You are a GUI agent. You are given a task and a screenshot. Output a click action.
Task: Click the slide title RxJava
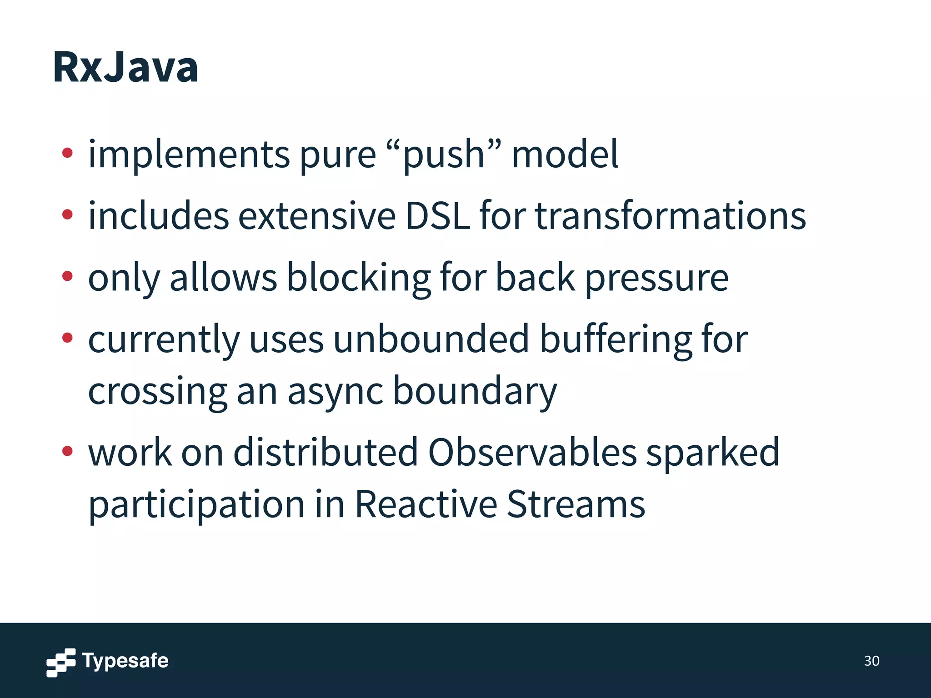(x=125, y=67)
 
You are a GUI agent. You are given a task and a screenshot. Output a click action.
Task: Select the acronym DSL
(x=437, y=215)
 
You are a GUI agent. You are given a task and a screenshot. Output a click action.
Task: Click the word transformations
(x=670, y=215)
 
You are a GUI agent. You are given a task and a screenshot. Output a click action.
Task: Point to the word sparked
(x=712, y=454)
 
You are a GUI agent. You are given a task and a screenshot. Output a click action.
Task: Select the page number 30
(x=871, y=661)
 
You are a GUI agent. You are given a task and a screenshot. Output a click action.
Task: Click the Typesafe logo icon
(x=61, y=662)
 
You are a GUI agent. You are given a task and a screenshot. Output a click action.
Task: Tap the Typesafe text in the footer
(x=125, y=661)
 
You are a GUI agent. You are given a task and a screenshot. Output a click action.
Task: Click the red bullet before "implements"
(x=67, y=153)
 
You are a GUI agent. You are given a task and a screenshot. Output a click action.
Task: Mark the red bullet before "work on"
(x=67, y=451)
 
